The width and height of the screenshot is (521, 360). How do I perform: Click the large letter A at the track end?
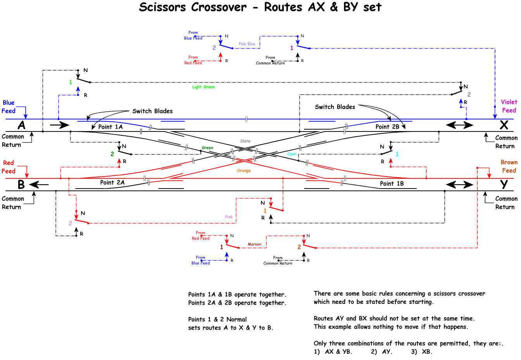click(x=22, y=125)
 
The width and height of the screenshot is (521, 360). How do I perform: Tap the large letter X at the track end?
click(x=504, y=125)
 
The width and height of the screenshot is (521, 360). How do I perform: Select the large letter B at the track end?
click(x=21, y=185)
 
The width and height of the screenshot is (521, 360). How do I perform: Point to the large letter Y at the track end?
click(x=504, y=185)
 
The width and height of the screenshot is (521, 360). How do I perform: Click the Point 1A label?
click(x=110, y=127)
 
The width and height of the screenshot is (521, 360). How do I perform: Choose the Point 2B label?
click(x=387, y=127)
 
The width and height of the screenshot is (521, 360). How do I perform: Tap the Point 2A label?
click(x=112, y=183)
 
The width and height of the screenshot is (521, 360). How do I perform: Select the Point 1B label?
click(x=392, y=184)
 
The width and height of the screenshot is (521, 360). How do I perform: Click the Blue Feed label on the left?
click(x=9, y=107)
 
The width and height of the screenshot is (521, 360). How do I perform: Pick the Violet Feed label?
click(x=509, y=106)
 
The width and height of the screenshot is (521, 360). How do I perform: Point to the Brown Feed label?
click(x=509, y=166)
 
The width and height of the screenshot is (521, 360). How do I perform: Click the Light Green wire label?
click(x=204, y=87)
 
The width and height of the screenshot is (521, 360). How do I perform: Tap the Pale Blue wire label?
click(x=247, y=44)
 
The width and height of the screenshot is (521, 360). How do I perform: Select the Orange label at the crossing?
click(x=244, y=171)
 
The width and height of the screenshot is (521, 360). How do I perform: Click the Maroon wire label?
click(x=255, y=244)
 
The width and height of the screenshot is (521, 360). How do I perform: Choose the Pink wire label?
click(x=229, y=217)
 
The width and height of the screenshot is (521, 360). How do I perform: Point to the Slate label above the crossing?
click(x=245, y=141)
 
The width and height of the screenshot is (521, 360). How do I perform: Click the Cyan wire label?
click(x=292, y=154)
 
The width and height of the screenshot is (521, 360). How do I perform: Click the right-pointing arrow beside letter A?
click(x=59, y=125)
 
